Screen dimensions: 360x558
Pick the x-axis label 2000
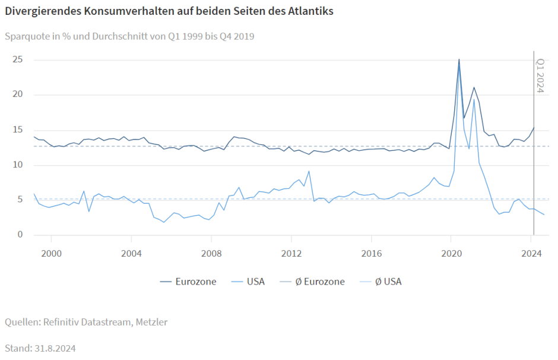(x=51, y=254)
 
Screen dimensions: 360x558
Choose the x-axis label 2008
(x=211, y=254)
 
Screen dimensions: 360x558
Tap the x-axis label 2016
(x=371, y=254)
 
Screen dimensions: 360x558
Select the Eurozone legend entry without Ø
(x=195, y=282)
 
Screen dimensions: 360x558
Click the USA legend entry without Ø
(x=255, y=282)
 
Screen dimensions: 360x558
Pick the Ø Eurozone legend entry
(x=319, y=282)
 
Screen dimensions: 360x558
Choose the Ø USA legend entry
(x=388, y=282)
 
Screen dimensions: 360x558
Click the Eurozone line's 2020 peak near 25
(x=459, y=59)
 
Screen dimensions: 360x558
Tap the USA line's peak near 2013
(x=309, y=171)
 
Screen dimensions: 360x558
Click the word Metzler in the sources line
(x=151, y=322)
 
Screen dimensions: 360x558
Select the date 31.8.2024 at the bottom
(x=54, y=348)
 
